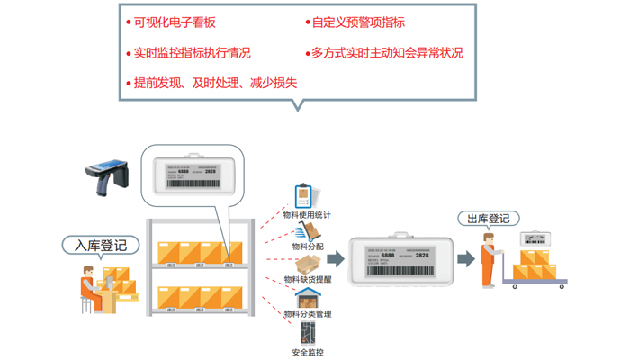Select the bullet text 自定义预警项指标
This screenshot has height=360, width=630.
pos(357,22)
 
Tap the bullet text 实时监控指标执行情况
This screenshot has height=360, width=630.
pos(192,53)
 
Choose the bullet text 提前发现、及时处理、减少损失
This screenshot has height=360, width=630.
pos(215,83)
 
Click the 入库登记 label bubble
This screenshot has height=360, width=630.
pos(101,245)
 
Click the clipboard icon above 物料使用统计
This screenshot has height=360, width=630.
pos(302,196)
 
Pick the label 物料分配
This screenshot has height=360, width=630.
pos(307,246)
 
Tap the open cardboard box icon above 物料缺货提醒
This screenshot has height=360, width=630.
pos(308,263)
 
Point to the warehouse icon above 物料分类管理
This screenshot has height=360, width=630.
pos(305,297)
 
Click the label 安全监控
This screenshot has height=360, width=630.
pos(307,352)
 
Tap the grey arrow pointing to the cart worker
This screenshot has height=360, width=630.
pos(465,259)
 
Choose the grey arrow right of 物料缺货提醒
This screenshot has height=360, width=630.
pos(335,259)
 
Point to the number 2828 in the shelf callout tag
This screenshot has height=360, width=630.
pos(210,170)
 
